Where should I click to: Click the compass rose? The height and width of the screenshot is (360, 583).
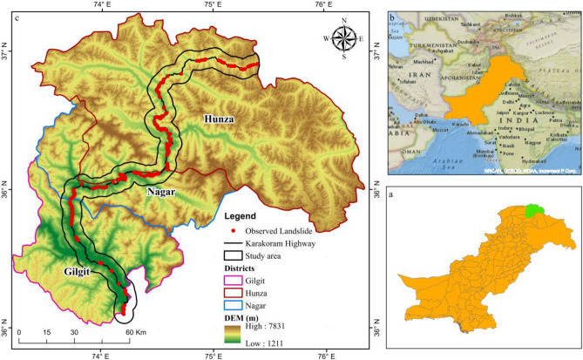click(x=344, y=38)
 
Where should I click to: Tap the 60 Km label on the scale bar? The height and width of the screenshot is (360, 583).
click(x=133, y=332)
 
